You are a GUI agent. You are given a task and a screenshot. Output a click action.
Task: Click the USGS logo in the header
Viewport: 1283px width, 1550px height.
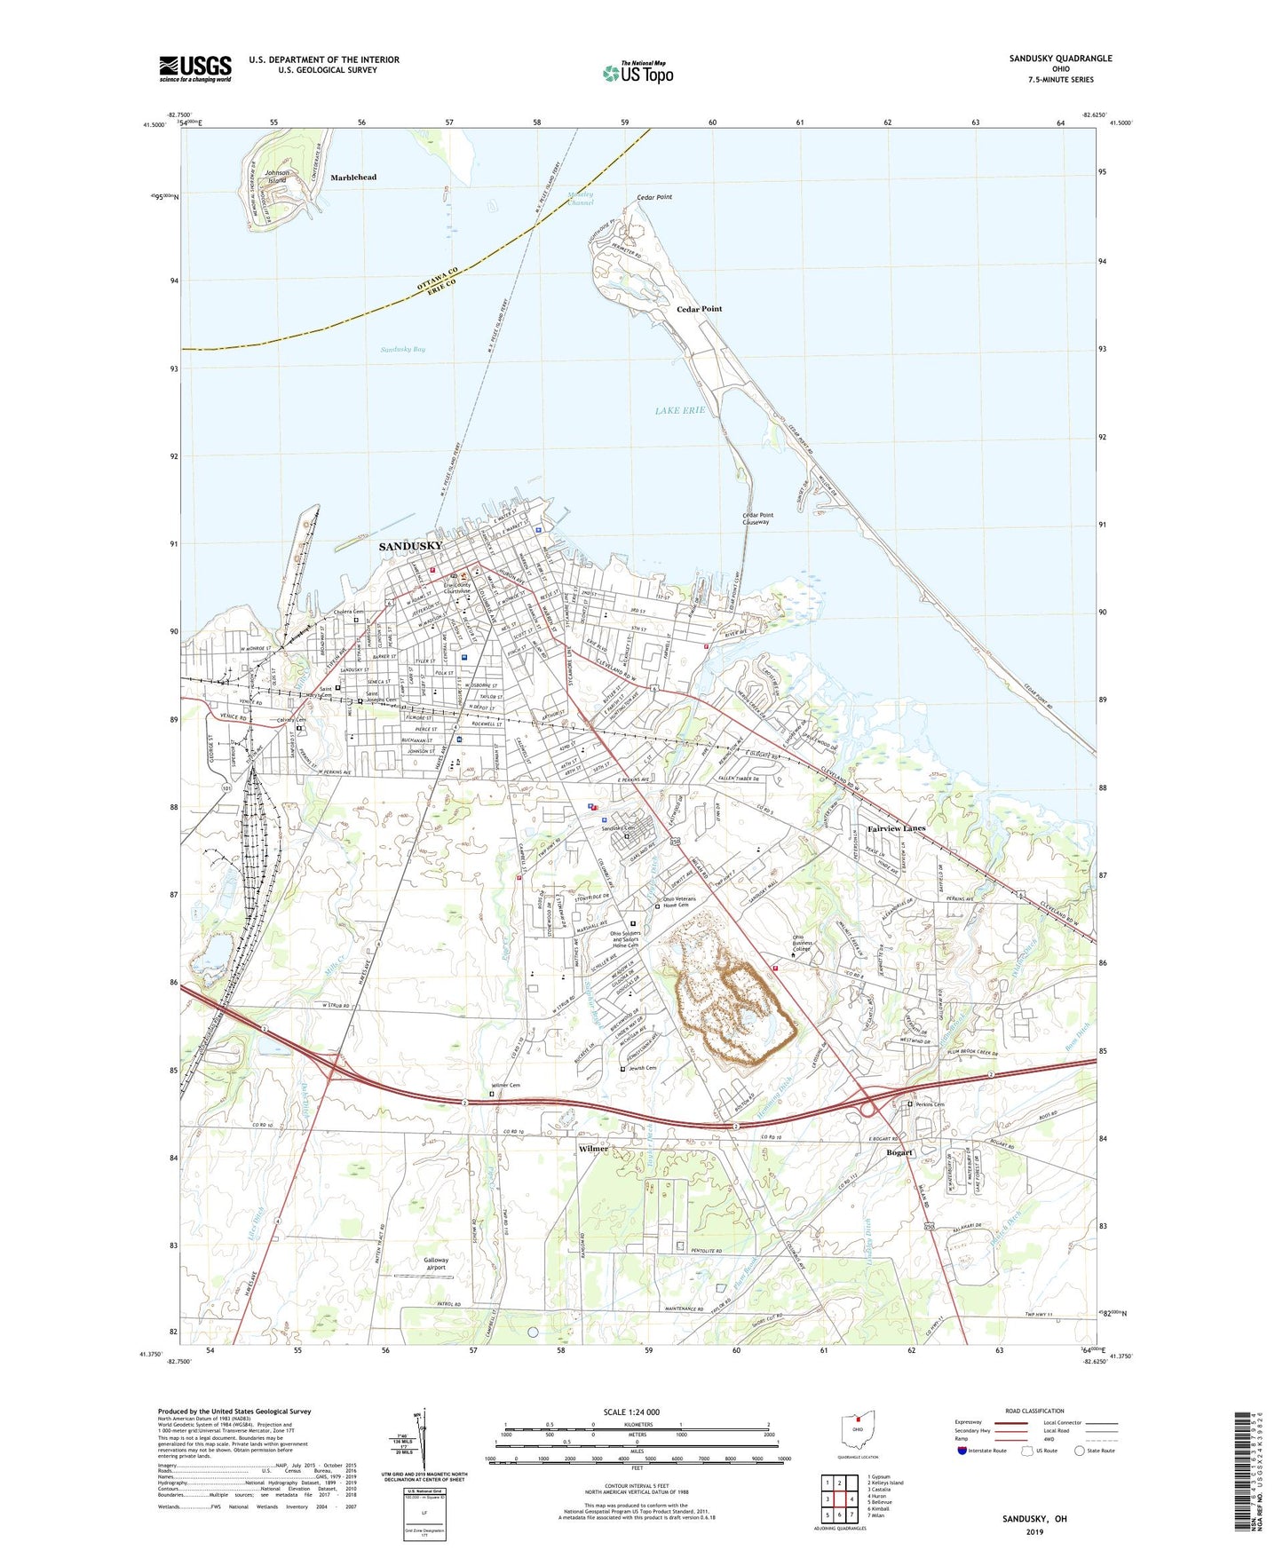[195, 68]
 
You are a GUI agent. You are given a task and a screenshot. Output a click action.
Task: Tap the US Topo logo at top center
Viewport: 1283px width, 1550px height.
[638, 73]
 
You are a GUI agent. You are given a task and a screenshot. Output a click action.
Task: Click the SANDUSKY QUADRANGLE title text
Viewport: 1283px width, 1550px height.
[1060, 59]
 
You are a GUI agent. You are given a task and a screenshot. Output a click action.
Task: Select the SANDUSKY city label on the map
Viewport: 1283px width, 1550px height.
[410, 546]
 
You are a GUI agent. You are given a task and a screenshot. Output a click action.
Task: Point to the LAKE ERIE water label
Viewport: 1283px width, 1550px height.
[680, 410]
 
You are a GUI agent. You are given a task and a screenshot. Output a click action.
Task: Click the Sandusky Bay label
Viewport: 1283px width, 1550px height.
[403, 350]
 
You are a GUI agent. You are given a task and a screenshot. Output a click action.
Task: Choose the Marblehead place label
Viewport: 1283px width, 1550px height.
[353, 178]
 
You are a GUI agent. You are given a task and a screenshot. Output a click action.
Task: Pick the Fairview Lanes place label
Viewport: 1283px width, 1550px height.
[896, 828]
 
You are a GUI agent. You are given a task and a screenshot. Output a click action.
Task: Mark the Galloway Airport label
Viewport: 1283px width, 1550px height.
[436, 1263]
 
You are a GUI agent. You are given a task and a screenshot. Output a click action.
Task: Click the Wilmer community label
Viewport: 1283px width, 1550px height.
[593, 1149]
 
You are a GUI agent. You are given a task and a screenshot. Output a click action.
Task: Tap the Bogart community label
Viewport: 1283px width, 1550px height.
[899, 1152]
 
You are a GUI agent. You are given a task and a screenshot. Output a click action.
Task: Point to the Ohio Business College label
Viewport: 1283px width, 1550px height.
[802, 944]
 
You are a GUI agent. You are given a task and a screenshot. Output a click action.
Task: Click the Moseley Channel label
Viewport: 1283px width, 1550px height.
[581, 199]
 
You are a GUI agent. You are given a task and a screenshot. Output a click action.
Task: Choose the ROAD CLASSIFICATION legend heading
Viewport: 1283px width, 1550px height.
[1034, 1411]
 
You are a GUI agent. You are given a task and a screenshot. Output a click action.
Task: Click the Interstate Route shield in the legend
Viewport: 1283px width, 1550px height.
[963, 1451]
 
